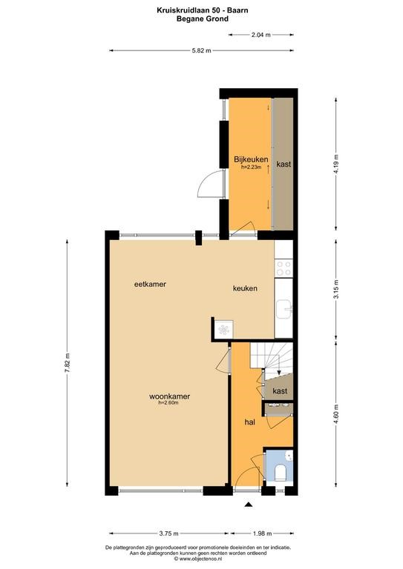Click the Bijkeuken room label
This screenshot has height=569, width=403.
point(251,159)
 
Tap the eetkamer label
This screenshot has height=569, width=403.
point(150,284)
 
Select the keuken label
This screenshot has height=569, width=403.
point(245,288)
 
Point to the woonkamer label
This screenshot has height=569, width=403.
point(169,396)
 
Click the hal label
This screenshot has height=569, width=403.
point(249,422)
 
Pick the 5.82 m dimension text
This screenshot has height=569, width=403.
point(201,51)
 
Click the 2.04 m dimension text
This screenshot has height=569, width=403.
point(261,35)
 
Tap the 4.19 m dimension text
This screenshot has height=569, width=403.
point(335,164)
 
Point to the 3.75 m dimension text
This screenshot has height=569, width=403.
point(168,533)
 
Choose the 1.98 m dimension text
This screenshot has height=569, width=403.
point(262,533)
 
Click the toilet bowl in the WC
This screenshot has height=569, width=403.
point(280,473)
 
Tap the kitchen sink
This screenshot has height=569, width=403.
point(284,309)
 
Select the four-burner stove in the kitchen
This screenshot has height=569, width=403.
point(284,268)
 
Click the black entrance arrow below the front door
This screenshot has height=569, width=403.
point(248,504)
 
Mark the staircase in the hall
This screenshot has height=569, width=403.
point(272,360)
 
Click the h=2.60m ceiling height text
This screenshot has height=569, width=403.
point(168,402)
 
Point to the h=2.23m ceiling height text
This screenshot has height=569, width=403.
point(251,167)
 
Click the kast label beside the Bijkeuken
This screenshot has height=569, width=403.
point(284,164)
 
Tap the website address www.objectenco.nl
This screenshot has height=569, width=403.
point(199,559)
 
